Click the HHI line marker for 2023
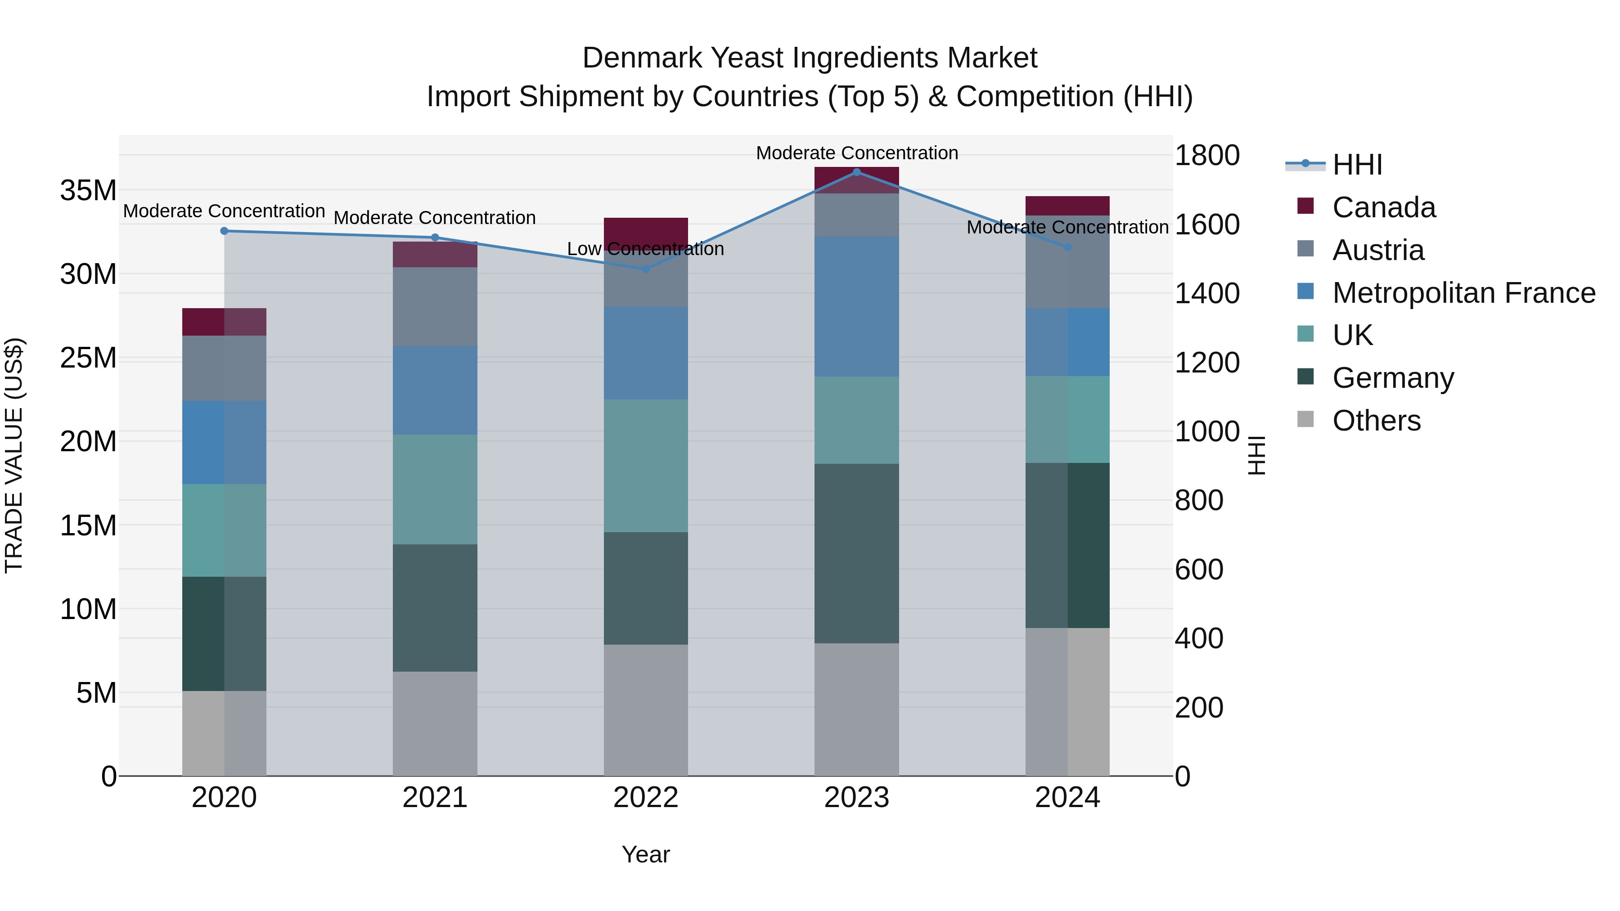[x=856, y=172]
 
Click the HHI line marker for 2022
[x=645, y=269]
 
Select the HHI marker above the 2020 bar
[x=224, y=231]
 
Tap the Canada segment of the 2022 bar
[x=645, y=229]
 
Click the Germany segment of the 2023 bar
[x=856, y=553]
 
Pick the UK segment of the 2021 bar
[x=435, y=489]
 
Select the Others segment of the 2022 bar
[x=645, y=710]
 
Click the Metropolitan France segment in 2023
[x=856, y=306]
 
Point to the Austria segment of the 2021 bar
[x=435, y=306]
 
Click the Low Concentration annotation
[x=645, y=249]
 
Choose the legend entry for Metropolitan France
[x=1463, y=293]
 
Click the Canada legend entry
[x=1384, y=207]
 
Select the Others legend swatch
[x=1305, y=419]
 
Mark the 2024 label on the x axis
[x=1067, y=798]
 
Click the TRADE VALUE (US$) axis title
[x=14, y=455]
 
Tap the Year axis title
[x=645, y=854]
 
